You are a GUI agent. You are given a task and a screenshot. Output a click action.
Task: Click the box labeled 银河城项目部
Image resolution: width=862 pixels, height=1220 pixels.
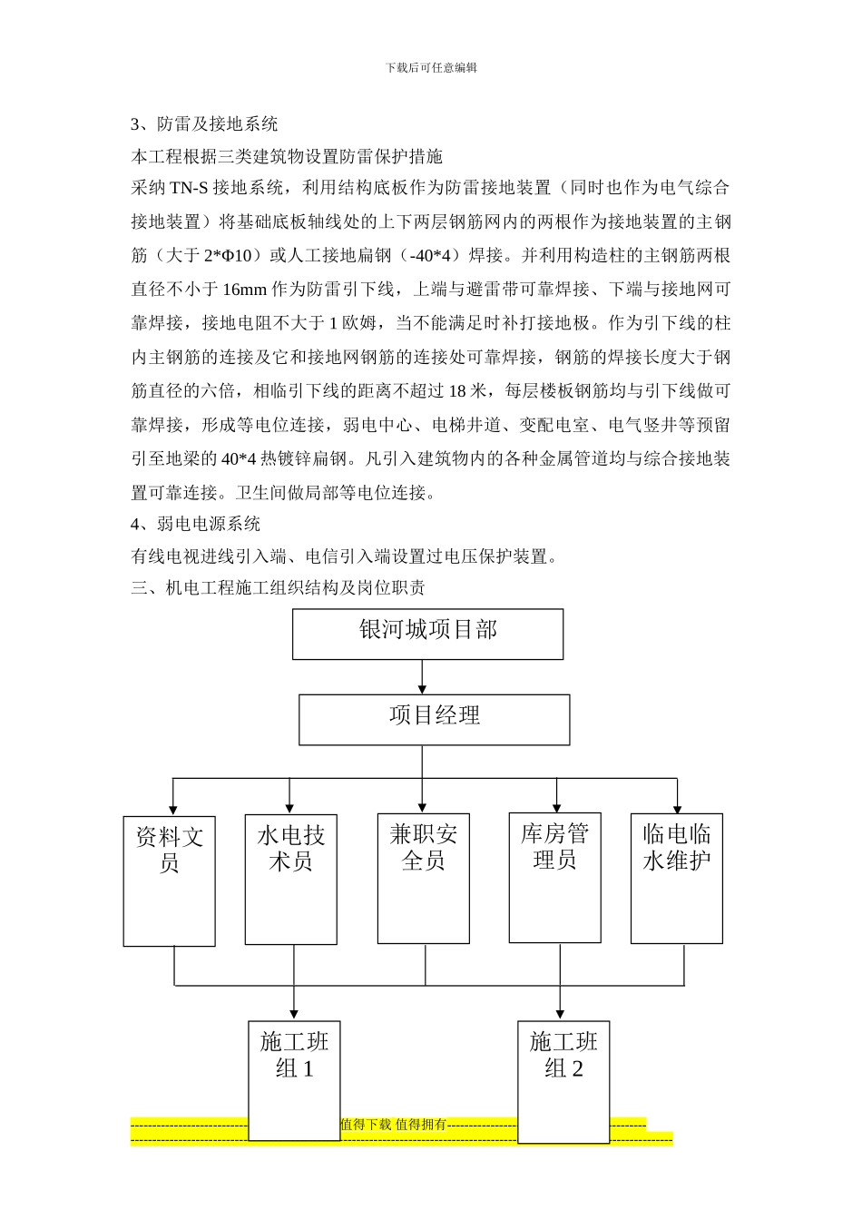click(x=427, y=634)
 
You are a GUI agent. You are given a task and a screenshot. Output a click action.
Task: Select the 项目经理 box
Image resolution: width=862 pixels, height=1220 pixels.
click(x=434, y=720)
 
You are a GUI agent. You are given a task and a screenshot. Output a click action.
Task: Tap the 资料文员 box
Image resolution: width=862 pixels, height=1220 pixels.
click(x=170, y=881)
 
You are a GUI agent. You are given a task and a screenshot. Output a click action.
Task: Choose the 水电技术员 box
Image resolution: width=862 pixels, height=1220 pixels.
click(x=290, y=879)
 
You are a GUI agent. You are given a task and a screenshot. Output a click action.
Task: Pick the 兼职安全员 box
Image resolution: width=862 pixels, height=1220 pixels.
click(x=424, y=878)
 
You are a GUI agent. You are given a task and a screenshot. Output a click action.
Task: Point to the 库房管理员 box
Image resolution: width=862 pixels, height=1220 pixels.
click(x=554, y=877)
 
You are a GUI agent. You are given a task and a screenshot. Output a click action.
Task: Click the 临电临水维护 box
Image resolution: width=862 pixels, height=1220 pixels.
click(x=676, y=878)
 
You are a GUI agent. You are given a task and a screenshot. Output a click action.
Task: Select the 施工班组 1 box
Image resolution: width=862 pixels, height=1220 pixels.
click(x=294, y=1080)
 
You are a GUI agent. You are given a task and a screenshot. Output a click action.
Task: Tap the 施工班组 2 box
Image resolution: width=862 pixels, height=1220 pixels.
click(x=563, y=1080)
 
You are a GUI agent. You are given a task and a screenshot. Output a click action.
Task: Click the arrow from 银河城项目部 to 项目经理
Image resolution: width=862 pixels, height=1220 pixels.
click(x=422, y=677)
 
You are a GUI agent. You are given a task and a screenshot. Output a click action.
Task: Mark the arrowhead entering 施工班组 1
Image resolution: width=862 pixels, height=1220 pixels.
click(x=294, y=1013)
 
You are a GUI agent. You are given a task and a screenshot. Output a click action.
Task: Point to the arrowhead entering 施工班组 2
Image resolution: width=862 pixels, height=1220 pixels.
click(x=560, y=1013)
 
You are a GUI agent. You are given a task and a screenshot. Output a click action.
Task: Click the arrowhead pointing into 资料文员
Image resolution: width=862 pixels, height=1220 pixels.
click(x=172, y=810)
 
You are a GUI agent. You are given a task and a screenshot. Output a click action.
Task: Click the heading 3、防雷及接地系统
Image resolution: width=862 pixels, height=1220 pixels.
click(x=204, y=124)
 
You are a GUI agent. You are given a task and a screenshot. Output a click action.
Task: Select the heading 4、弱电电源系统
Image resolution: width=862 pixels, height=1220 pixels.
click(x=195, y=524)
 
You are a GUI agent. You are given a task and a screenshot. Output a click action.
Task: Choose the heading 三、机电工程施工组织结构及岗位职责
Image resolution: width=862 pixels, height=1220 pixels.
click(x=278, y=587)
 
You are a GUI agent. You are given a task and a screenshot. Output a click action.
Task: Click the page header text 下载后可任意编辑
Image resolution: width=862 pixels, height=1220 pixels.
click(x=431, y=67)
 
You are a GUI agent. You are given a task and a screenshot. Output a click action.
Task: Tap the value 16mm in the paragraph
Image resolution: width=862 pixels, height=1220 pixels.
click(x=244, y=290)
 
